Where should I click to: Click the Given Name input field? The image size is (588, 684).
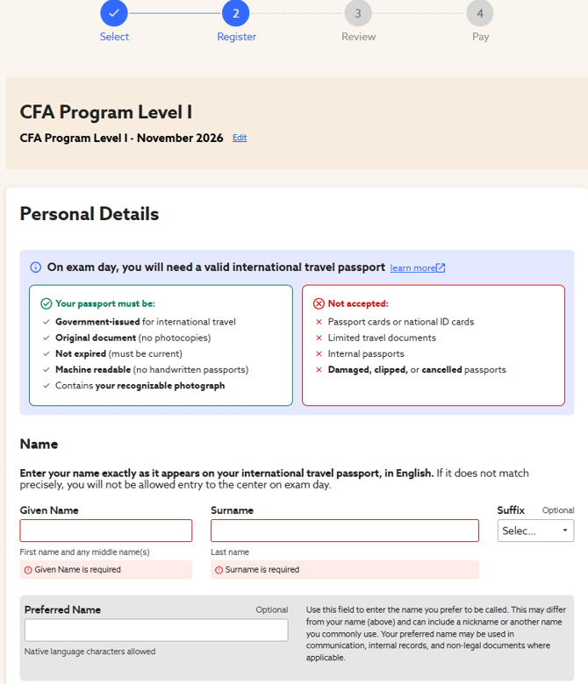point(105,531)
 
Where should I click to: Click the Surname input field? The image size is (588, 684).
point(345,531)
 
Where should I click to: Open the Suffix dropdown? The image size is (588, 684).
point(535,531)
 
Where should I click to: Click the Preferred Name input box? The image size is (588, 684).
point(156,630)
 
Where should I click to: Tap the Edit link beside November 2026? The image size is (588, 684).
point(240,138)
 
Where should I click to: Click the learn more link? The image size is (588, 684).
point(418,267)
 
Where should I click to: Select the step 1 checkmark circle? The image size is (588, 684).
point(114,13)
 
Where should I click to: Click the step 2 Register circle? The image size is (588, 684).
point(236,13)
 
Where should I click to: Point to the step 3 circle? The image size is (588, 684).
point(358,13)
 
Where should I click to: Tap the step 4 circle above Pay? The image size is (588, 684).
point(480,13)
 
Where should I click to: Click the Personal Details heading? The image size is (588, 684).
point(90,214)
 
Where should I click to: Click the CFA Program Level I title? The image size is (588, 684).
point(106,112)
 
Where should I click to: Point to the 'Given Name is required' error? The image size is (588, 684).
point(77,570)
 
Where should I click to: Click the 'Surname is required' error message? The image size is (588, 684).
point(262,570)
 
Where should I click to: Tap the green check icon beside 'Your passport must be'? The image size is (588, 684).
point(46,303)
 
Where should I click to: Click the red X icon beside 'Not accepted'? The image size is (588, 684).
point(319,303)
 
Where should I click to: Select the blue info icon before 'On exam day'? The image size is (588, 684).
point(36,267)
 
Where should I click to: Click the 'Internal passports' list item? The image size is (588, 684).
point(366,353)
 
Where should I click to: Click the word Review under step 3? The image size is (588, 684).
point(358,37)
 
